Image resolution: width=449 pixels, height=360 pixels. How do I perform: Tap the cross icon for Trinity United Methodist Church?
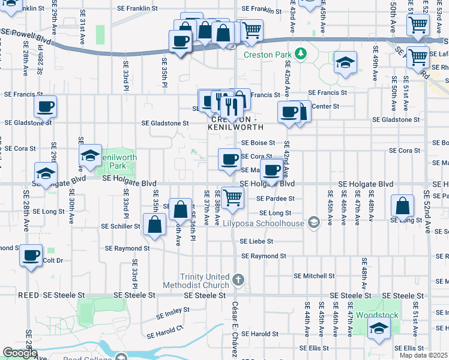(x=238, y=280)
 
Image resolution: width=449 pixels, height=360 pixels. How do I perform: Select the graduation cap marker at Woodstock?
(x=378, y=328)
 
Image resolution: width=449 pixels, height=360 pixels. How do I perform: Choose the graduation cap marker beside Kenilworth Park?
(x=90, y=156)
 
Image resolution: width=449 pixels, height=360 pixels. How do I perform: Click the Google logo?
(x=20, y=353)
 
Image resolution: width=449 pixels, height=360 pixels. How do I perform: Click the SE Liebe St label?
(x=256, y=241)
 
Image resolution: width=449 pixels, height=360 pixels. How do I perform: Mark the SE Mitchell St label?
(x=314, y=276)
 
